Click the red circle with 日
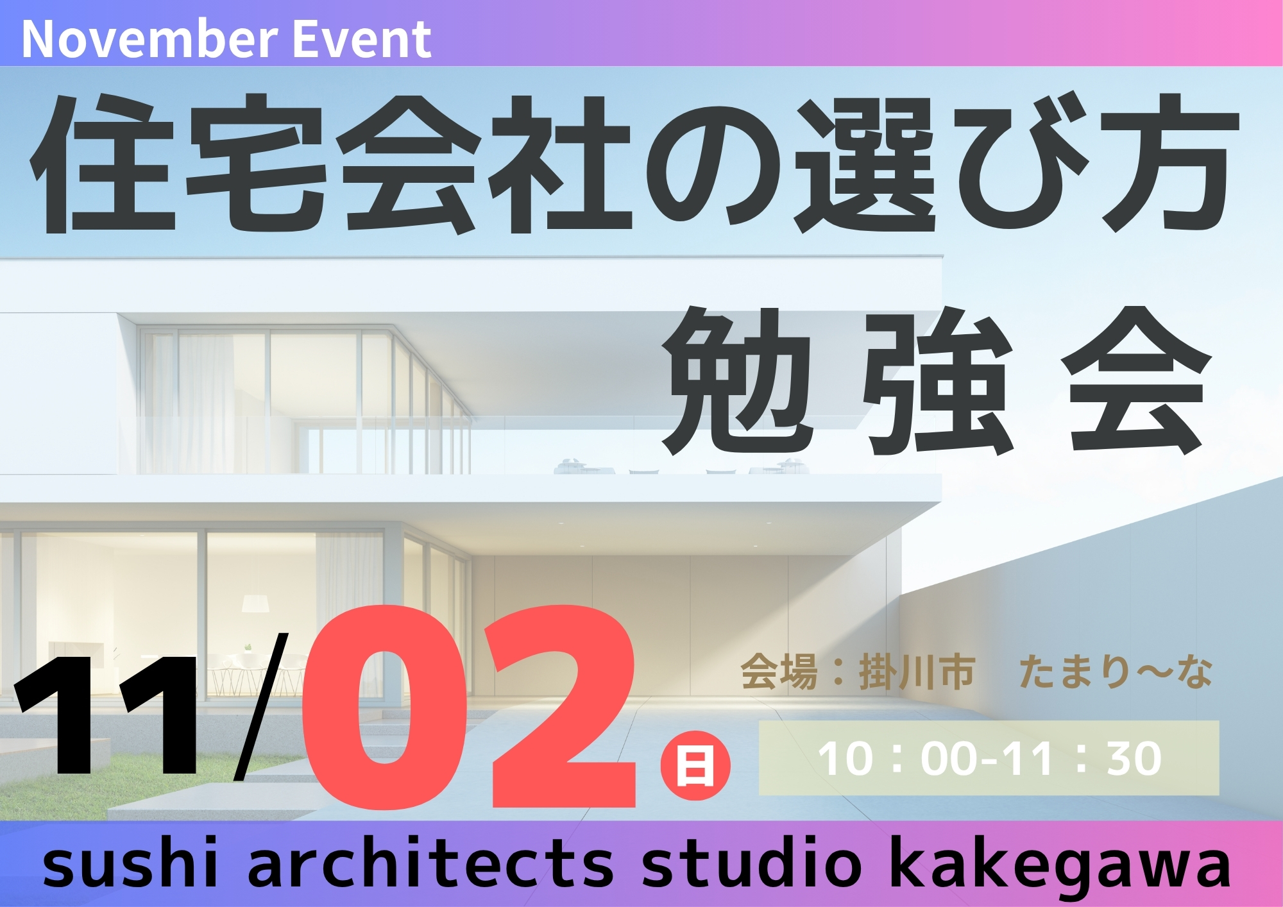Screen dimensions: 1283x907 click(x=695, y=765)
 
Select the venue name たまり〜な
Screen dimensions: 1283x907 click(x=1116, y=672)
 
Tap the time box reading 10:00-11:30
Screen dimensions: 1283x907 click(x=989, y=758)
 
